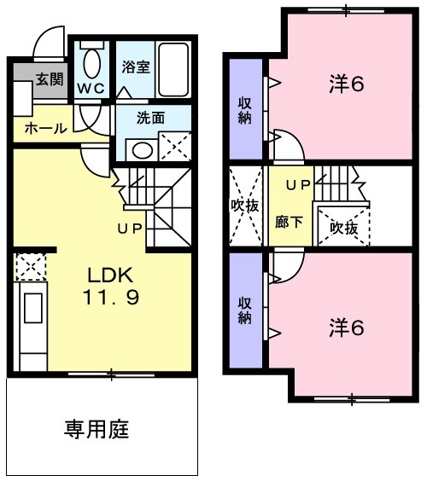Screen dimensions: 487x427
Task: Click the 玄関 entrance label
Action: coord(49,79)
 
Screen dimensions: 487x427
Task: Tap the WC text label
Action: coord(91,88)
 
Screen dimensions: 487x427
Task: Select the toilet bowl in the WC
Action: coord(92,63)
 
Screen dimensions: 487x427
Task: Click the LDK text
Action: coord(108,275)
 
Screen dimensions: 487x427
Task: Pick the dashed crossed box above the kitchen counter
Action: coord(28,266)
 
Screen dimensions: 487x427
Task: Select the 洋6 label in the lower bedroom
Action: coord(347,328)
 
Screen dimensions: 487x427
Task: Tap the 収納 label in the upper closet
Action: coord(244,110)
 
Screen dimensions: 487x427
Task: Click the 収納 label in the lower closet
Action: coord(245,308)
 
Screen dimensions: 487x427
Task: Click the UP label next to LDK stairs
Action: coord(129,229)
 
